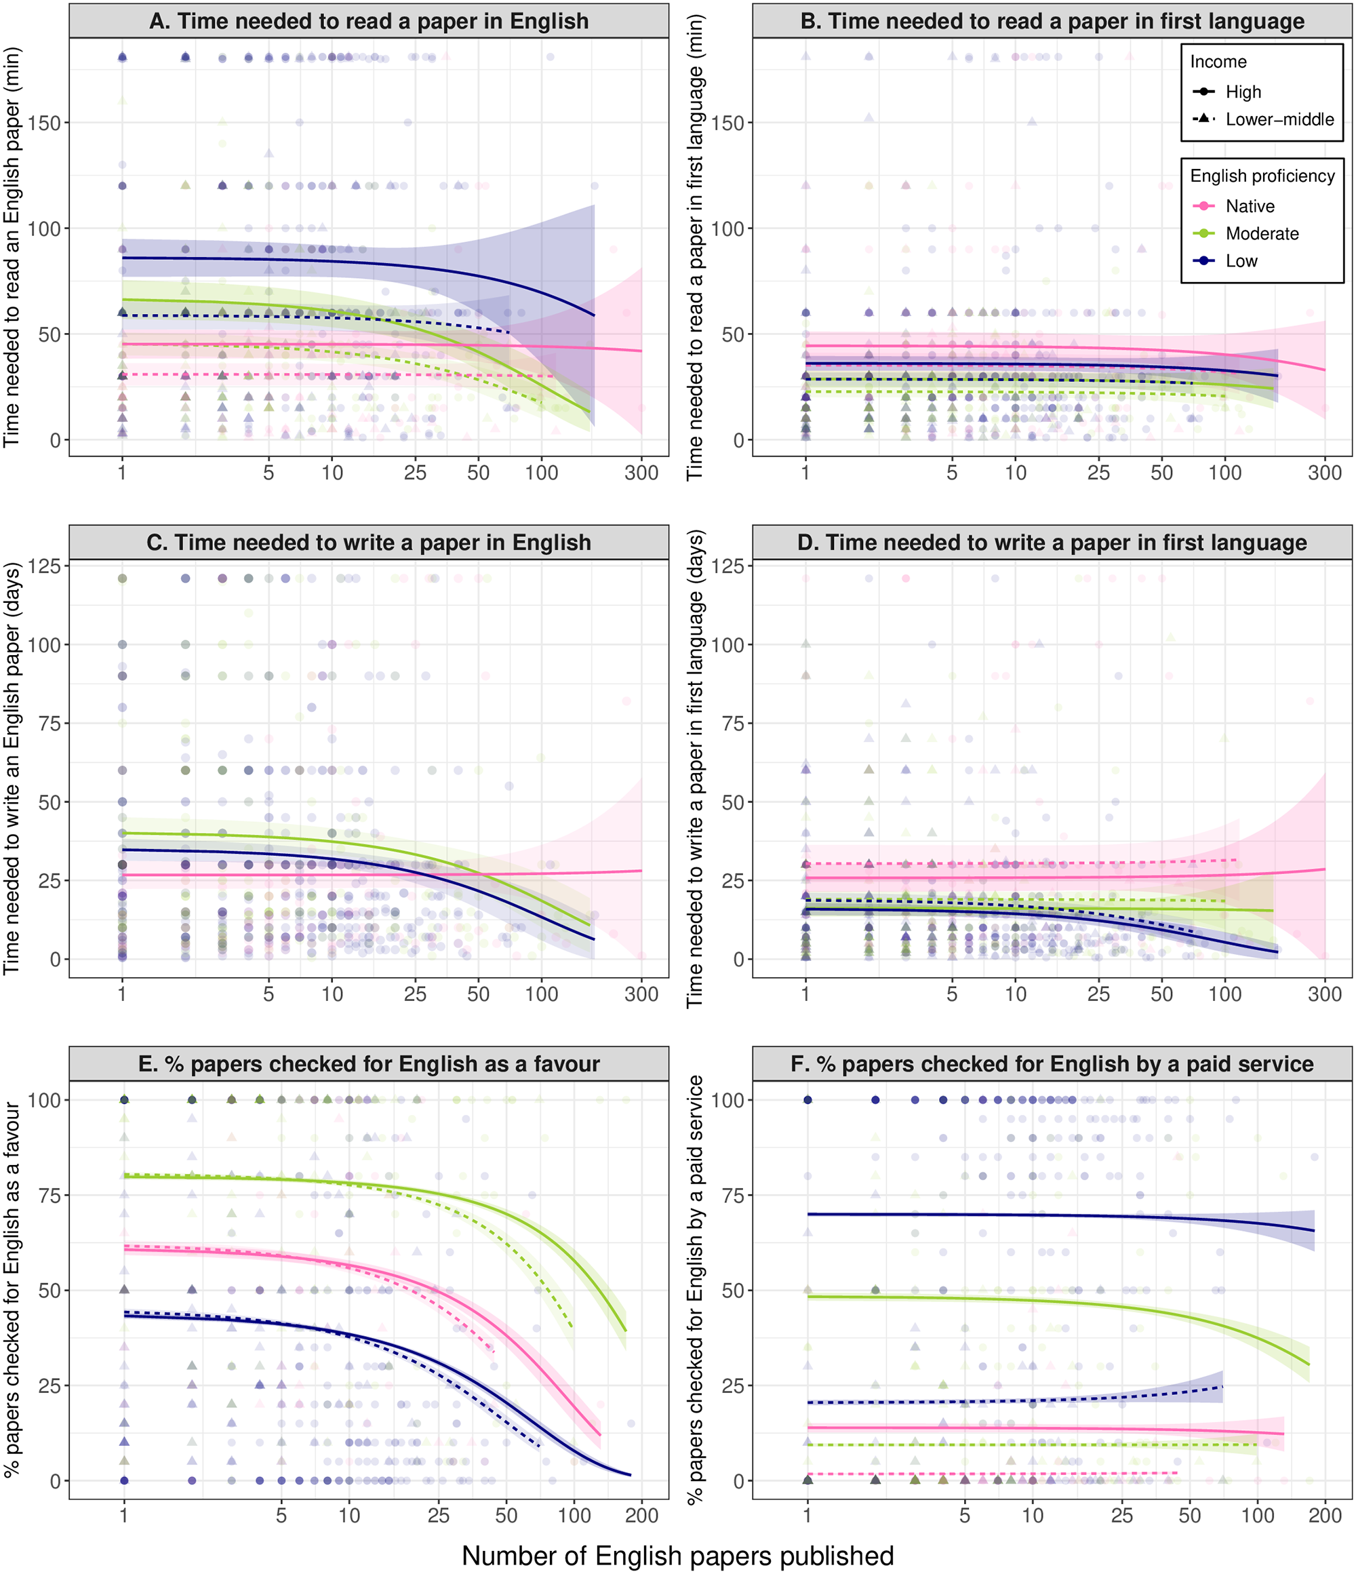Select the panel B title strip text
(1052, 21)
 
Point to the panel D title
(1052, 543)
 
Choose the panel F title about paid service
(1052, 1063)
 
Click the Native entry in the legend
(1250, 206)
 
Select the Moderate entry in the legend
(1262, 233)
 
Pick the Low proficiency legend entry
(1241, 260)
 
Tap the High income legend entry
(1243, 92)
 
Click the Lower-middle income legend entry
(1279, 119)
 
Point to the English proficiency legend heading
(1262, 176)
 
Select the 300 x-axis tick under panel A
(641, 473)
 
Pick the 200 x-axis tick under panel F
(1325, 1516)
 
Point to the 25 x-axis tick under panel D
(1098, 993)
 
